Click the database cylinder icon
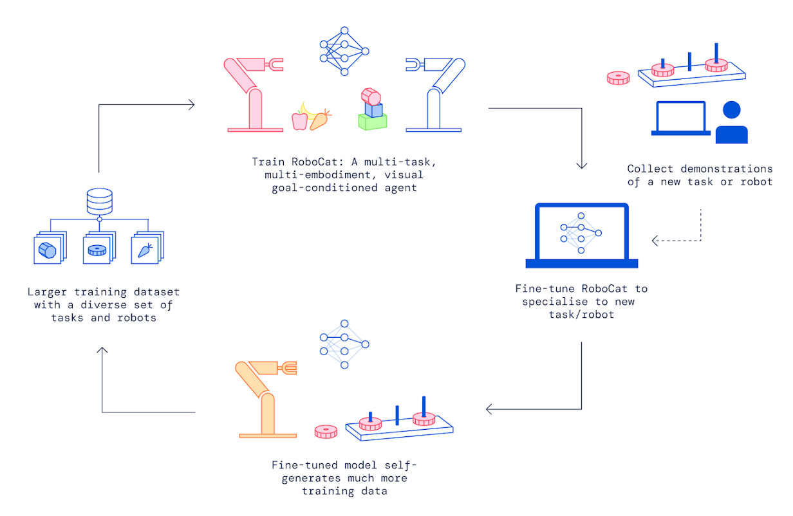pos(100,202)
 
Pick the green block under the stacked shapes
pos(373,122)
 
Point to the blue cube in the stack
pos(373,109)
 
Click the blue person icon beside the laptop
pos(731,123)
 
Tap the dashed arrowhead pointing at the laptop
pos(655,241)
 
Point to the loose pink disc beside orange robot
pos(326,431)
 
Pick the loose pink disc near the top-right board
pos(618,78)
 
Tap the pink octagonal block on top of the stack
pos(371,96)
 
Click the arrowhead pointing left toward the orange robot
pos(489,409)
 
